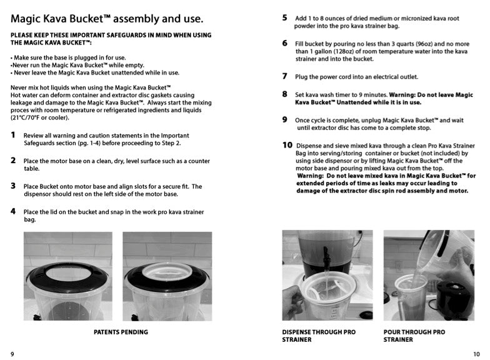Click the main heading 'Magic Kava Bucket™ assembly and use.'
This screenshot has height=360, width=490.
tap(107, 18)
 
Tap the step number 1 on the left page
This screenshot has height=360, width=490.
tap(13, 135)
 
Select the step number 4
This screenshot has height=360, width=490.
tap(13, 211)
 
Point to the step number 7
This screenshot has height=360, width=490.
tap(284, 76)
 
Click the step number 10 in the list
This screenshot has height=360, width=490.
tap(287, 144)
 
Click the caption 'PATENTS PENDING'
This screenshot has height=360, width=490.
tap(121, 332)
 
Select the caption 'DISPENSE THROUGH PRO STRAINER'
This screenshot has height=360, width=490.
tap(319, 336)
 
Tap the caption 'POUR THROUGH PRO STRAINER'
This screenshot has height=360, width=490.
tap(414, 336)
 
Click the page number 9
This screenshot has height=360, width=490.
tap(12, 354)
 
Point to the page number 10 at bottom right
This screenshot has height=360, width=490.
tap(476, 354)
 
